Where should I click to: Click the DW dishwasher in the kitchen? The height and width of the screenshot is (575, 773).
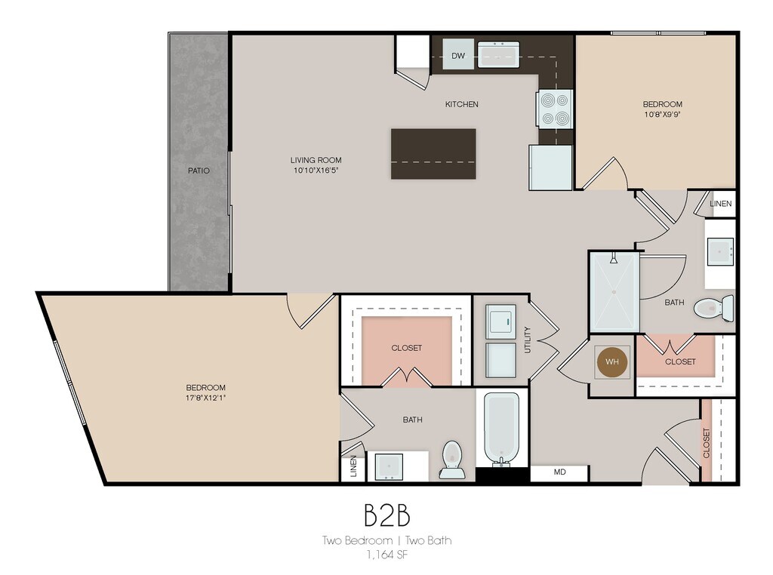point(458,56)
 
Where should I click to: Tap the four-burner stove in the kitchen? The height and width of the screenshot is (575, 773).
point(555,109)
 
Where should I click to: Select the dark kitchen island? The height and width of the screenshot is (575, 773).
point(433,154)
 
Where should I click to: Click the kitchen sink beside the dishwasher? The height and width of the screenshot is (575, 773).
point(498,54)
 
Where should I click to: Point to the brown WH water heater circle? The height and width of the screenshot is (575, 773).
point(611,362)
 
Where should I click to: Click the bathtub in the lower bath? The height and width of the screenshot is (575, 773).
point(501,428)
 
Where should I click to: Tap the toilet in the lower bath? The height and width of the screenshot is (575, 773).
point(452,460)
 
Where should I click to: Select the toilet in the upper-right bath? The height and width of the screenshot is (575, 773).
point(713,308)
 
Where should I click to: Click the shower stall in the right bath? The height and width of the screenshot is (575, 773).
point(614,292)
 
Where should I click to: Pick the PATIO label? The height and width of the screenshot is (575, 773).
point(199,171)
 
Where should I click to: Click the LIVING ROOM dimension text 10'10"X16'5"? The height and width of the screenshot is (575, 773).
point(316,171)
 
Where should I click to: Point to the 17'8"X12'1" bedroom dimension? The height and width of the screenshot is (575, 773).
point(205,398)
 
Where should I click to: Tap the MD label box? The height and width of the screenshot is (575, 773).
point(559,472)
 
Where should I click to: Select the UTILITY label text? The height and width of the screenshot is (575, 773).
point(528,340)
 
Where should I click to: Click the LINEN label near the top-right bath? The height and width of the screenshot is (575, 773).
point(721,204)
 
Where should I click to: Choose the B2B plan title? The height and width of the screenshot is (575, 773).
point(387,515)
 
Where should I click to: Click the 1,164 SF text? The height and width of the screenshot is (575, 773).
point(387,555)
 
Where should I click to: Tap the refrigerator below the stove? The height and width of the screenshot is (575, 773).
point(550,168)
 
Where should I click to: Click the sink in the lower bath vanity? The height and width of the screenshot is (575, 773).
point(389,466)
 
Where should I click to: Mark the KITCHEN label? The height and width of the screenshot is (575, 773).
point(461,104)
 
